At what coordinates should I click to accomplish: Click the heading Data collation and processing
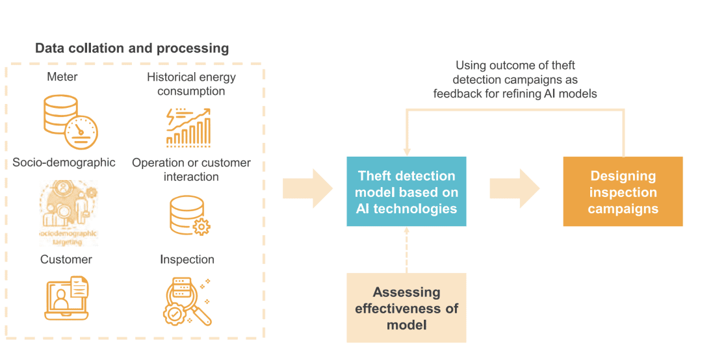tap(132, 48)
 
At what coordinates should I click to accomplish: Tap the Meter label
tap(62, 77)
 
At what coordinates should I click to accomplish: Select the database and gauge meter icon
tap(69, 121)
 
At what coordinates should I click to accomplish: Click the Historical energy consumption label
tap(191, 84)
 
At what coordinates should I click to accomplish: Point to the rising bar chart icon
tap(188, 127)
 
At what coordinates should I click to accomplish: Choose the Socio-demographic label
tap(64, 162)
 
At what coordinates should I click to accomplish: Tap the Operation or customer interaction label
tap(191, 170)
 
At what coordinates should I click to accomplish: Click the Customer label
tap(66, 259)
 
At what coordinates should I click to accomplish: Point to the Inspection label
tap(187, 259)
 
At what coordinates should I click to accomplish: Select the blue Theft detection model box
tap(406, 192)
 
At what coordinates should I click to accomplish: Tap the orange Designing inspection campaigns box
tap(623, 192)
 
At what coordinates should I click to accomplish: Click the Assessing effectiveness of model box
tap(406, 308)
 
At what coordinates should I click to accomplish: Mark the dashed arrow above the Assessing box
tap(406, 250)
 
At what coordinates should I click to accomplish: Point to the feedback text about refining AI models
tap(515, 79)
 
